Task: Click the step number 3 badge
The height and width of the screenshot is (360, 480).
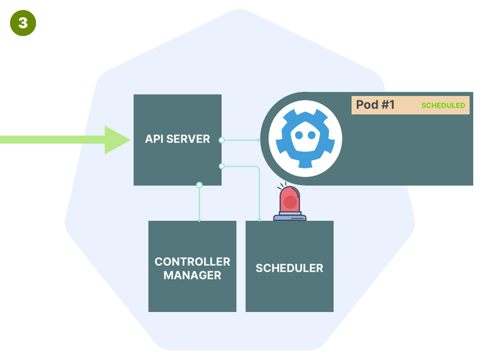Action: click(23, 23)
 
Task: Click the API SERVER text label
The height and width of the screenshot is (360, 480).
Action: click(177, 139)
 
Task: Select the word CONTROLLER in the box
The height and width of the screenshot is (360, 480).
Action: click(192, 262)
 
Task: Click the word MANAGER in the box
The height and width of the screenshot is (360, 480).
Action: click(192, 275)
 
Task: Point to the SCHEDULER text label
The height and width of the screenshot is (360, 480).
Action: click(289, 268)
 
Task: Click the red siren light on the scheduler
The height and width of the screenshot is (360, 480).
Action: click(289, 201)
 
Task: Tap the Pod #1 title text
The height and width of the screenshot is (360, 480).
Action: click(375, 105)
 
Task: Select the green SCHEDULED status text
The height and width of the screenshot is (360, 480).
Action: click(443, 106)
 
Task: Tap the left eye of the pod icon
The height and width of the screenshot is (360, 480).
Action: click(297, 135)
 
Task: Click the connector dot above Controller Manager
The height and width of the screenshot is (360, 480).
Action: click(200, 184)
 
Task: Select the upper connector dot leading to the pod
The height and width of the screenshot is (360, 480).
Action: click(221, 140)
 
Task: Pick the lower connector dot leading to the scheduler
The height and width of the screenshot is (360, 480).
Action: click(221, 166)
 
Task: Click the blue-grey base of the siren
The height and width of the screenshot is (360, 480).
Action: click(289, 217)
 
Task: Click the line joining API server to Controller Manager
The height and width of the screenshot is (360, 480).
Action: click(200, 205)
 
